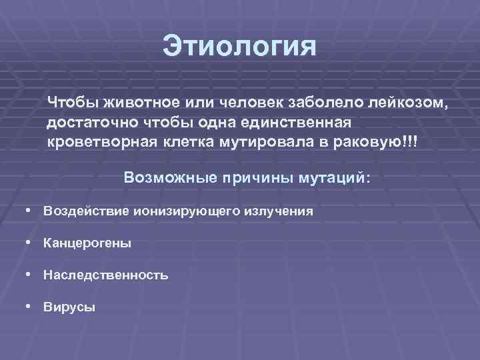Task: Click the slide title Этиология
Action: pos(240,48)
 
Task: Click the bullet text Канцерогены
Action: pos(87,243)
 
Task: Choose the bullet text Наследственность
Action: pos(105,275)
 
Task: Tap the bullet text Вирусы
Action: pos(69,307)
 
